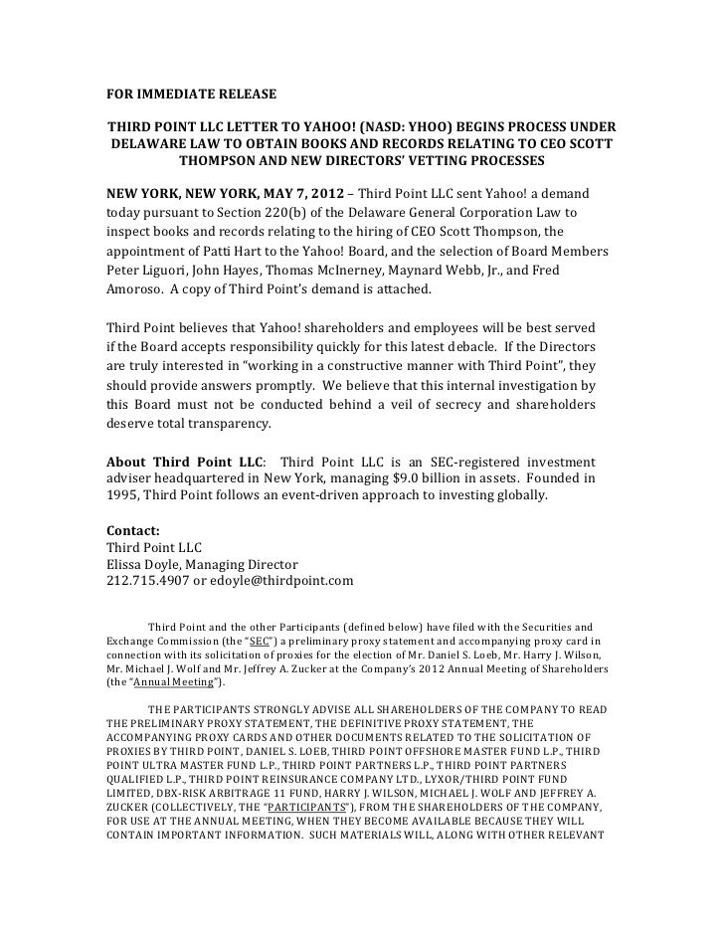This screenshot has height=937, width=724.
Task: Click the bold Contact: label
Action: tap(133, 531)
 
